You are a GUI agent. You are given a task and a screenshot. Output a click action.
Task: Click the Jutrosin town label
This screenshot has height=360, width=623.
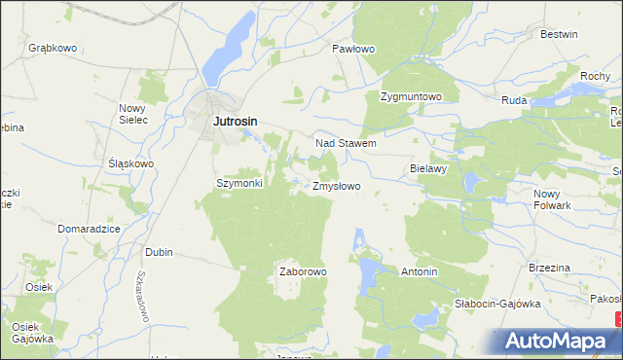[x=237, y=122]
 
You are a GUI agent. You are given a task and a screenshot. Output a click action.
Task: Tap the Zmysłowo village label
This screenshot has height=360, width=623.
[x=337, y=185]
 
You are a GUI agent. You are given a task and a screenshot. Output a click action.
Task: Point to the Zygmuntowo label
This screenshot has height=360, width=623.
[x=411, y=97]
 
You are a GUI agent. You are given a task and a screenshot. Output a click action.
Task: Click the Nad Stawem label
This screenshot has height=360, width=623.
[x=346, y=143]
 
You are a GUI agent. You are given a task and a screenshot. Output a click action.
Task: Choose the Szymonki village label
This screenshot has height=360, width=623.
[x=238, y=183]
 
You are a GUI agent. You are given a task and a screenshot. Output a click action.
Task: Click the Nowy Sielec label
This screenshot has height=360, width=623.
[x=132, y=114]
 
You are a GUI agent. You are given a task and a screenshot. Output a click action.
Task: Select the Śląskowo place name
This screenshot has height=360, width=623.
[x=130, y=163]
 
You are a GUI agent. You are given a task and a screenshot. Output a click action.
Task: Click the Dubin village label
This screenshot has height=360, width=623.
[x=159, y=252]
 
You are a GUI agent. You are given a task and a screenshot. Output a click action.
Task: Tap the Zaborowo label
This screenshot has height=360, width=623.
[x=303, y=271]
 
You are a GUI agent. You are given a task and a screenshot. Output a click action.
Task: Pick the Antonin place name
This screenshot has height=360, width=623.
[x=419, y=271]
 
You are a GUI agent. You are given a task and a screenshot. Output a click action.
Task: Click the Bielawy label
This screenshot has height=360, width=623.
[x=428, y=168]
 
